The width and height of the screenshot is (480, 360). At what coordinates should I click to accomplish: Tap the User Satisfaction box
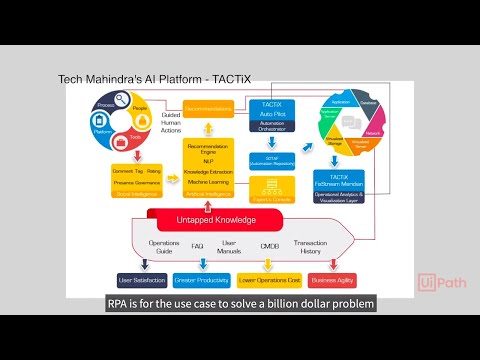coord(140,281)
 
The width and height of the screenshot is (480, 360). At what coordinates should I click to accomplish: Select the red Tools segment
coord(134,133)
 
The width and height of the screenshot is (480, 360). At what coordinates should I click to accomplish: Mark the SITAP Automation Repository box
coord(266,160)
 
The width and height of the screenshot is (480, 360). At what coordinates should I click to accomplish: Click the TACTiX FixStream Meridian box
coord(352,182)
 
